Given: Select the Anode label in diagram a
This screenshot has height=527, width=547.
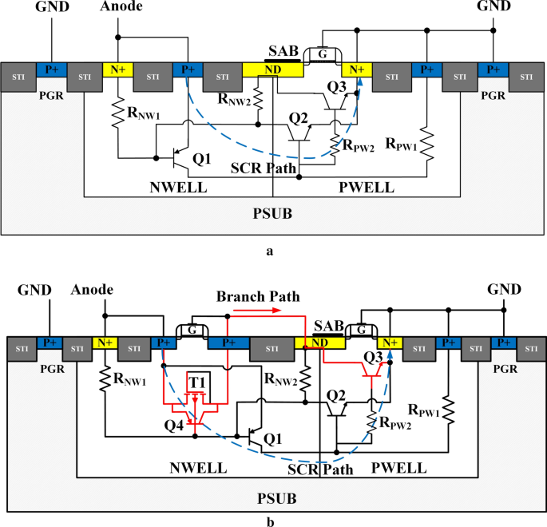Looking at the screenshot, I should pos(121,8).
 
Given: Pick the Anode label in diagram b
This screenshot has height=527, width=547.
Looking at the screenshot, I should pos(92,289).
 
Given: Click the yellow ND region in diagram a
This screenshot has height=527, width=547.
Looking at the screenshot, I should pos(272,70).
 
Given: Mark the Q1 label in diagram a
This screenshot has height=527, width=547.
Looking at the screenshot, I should pos(202,159).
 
